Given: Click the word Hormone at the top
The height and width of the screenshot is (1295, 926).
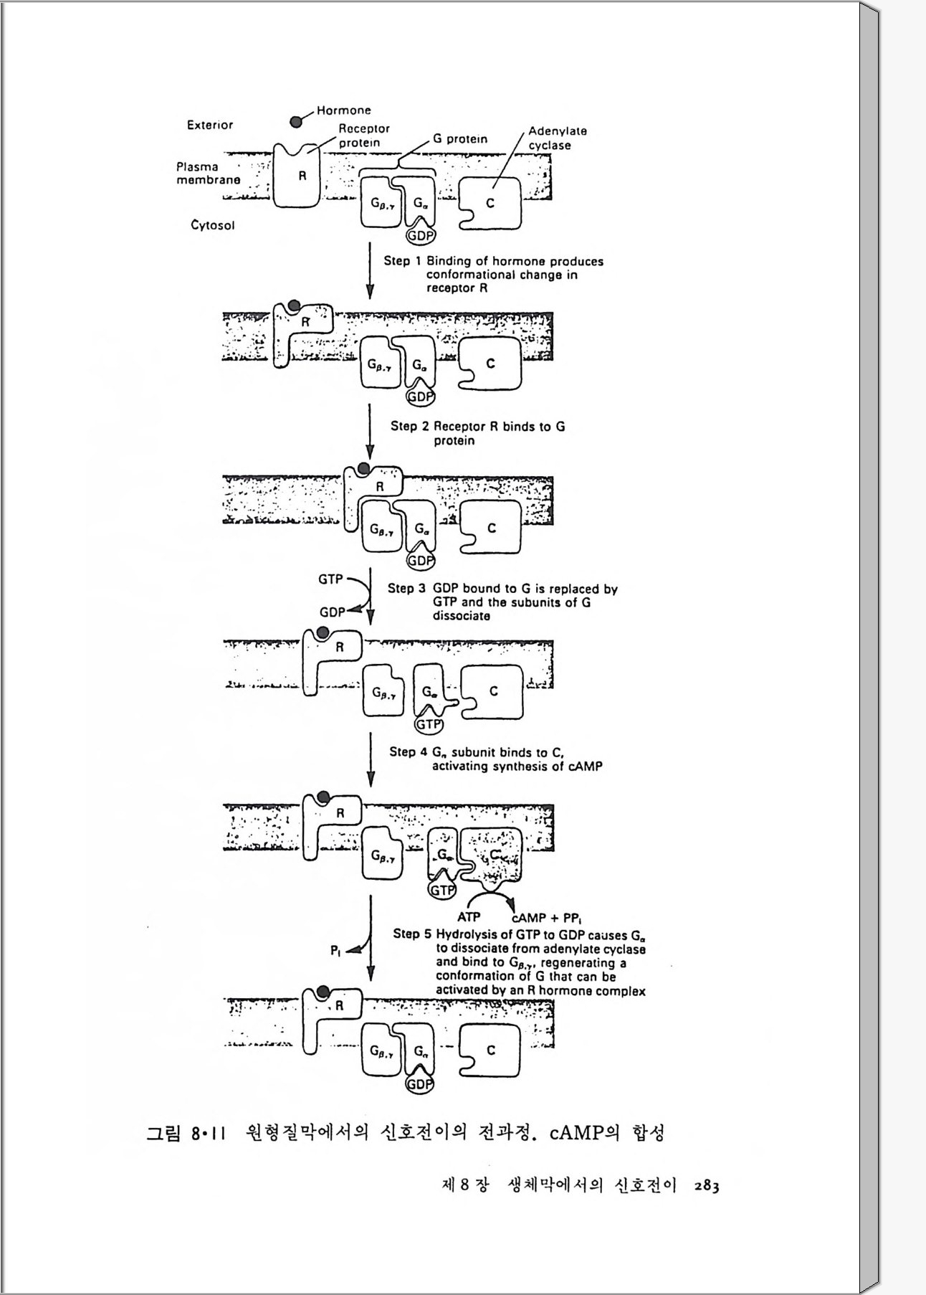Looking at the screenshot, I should tap(344, 110).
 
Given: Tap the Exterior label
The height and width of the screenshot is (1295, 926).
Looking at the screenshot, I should tap(209, 125).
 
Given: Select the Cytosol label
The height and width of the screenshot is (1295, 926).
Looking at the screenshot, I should tap(212, 225).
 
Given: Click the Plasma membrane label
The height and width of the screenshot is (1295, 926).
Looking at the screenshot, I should tap(208, 174).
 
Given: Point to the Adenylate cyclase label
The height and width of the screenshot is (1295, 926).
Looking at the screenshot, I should tap(557, 138).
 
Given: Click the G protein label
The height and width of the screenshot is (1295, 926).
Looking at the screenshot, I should tap(459, 139).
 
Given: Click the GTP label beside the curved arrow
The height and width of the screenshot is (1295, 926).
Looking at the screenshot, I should tap(330, 579).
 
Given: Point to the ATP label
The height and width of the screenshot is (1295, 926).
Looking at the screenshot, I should tap(469, 916).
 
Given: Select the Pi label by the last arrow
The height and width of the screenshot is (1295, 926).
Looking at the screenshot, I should tap(335, 950).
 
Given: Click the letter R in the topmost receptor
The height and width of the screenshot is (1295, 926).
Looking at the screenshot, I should tap(302, 176).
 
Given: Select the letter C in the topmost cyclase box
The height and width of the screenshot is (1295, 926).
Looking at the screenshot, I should tap(490, 203).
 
